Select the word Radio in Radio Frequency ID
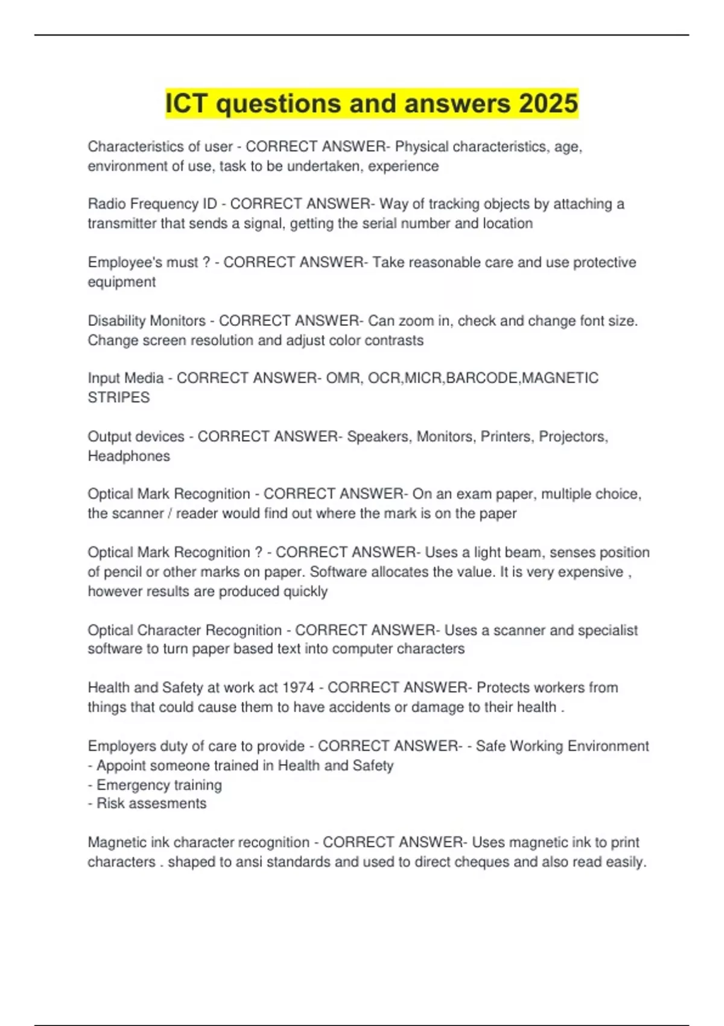point(106,204)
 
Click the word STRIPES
point(119,397)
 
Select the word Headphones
point(129,456)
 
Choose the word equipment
point(121,282)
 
